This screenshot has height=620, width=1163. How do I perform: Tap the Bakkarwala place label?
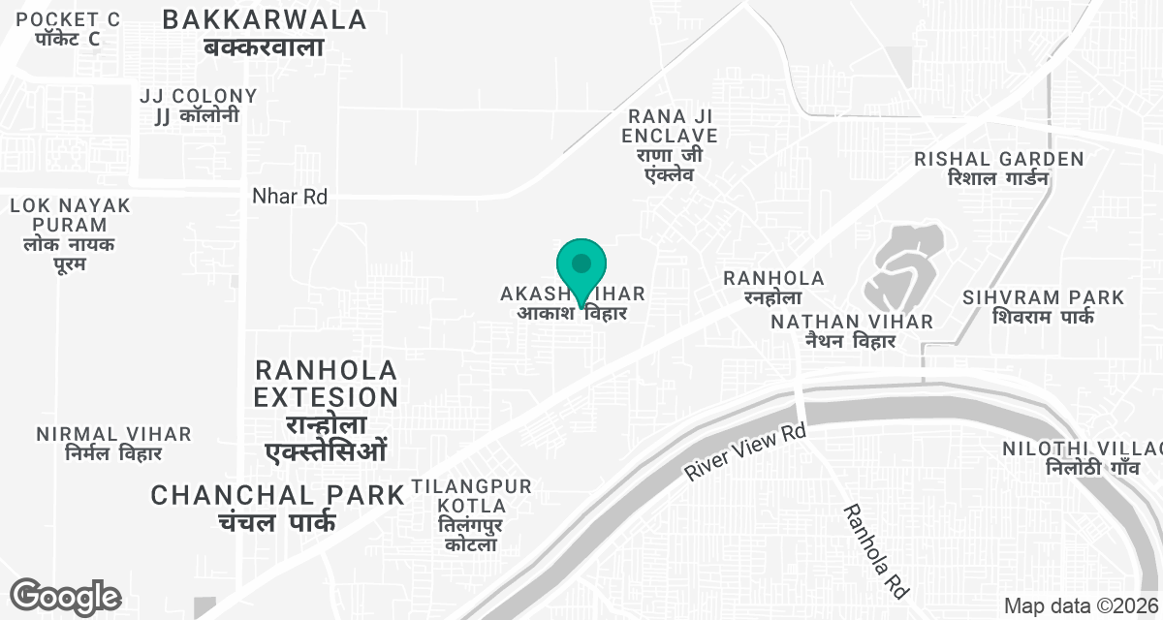(x=264, y=32)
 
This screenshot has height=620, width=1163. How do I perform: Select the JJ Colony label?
(x=198, y=106)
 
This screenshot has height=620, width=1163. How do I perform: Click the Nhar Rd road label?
(x=289, y=197)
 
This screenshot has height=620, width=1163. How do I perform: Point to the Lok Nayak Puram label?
(x=70, y=234)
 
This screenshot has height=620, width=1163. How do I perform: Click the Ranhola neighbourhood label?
(x=773, y=288)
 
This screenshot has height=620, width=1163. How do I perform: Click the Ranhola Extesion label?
(x=326, y=411)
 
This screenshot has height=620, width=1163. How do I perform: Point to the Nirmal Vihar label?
(x=113, y=443)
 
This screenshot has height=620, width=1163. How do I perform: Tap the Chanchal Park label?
(x=277, y=508)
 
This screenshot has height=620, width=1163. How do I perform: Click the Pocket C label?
(x=68, y=29)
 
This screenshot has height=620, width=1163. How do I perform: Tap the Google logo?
(x=64, y=596)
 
